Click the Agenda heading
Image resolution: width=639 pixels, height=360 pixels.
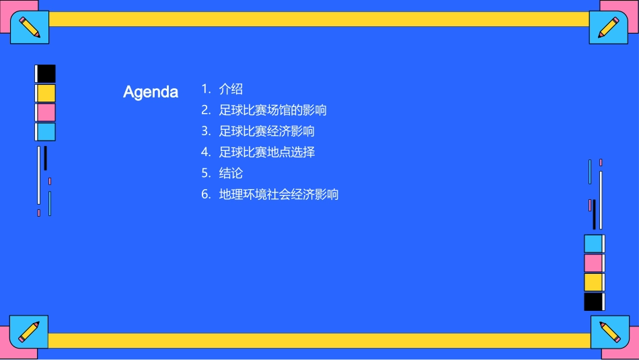(151, 92)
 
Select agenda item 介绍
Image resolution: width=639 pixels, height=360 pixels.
(231, 89)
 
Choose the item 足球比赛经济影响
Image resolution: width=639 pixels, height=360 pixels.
(266, 131)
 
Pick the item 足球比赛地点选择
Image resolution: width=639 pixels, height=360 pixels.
(266, 152)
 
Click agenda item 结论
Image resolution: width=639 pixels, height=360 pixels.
(231, 174)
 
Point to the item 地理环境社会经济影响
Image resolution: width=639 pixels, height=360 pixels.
(278, 194)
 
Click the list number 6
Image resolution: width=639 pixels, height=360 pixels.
(206, 194)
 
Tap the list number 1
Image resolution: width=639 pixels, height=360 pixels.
(206, 89)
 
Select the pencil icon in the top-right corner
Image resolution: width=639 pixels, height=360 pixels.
(608, 28)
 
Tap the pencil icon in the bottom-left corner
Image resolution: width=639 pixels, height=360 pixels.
(29, 331)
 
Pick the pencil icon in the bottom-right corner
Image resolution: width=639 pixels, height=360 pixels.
(609, 332)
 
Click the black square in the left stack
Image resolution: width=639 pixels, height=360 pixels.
(46, 73)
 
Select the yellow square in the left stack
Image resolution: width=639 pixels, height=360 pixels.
(46, 93)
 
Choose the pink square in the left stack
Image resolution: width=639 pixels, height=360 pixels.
(46, 112)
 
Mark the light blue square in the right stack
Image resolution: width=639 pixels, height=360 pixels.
(593, 244)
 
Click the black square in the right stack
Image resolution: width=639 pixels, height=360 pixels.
(593, 301)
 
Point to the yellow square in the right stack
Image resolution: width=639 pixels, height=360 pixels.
(593, 282)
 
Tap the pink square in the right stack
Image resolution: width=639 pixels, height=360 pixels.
(593, 263)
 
